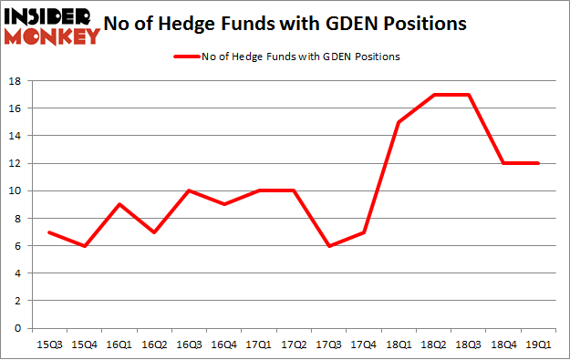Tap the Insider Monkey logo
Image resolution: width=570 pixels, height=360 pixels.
tap(51, 26)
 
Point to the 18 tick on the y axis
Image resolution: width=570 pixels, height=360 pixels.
tap(18, 81)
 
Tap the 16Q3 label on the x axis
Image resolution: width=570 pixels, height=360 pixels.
tap(187, 345)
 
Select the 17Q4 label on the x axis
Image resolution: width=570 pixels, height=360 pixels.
tap(363, 345)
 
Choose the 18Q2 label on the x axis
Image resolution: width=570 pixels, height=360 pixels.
tap(433, 345)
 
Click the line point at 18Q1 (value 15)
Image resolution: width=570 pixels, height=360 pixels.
tap(399, 122)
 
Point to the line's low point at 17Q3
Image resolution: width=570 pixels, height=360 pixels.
tap(328, 245)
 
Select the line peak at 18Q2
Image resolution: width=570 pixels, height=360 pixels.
tap(433, 95)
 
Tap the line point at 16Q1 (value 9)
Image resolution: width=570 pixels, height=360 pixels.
tap(118, 204)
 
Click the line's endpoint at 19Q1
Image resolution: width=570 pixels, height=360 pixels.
tap(539, 163)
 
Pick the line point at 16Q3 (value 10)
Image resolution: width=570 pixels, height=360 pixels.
tap(188, 190)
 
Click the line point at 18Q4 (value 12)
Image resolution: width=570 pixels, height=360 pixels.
tap(503, 163)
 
